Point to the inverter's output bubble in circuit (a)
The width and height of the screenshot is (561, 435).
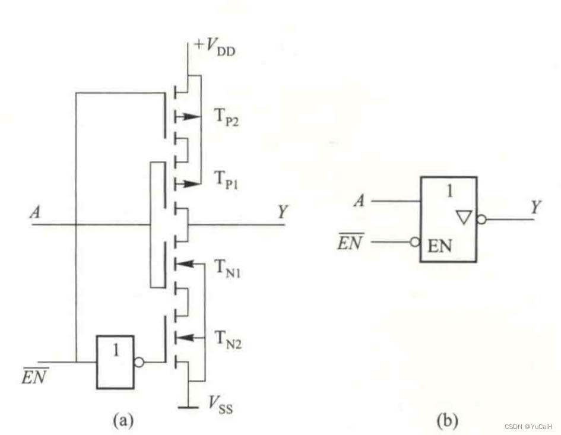[x=138, y=361]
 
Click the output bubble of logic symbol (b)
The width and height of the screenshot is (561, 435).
[x=481, y=220]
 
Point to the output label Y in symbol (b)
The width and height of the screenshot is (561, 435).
[x=535, y=207]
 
